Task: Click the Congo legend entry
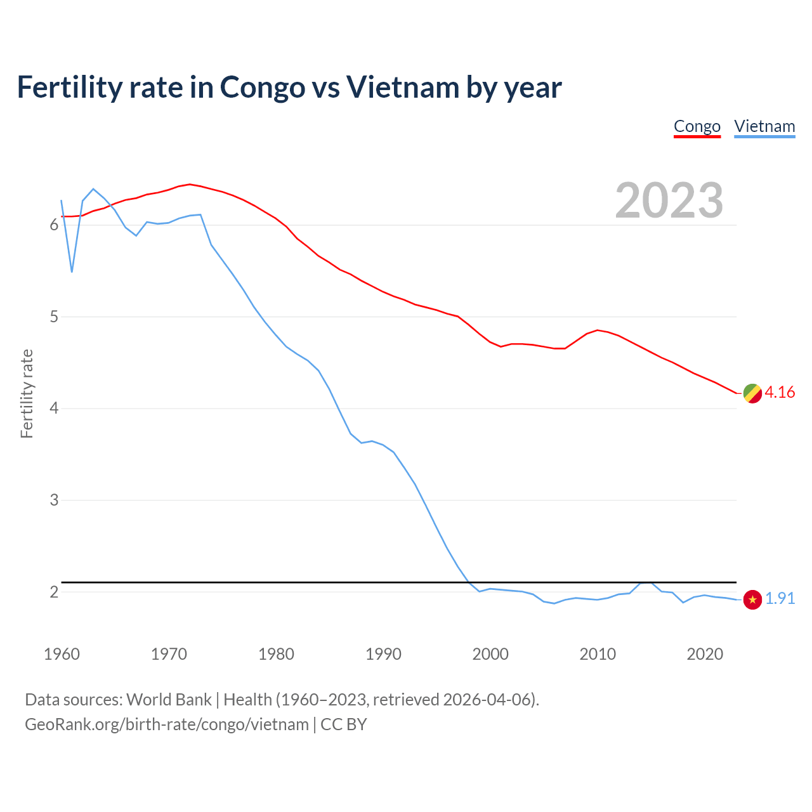(697, 126)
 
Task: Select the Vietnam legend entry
(764, 126)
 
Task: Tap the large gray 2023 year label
(669, 200)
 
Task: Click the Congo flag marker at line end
(752, 393)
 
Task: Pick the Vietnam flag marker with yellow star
(752, 599)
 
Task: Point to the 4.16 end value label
(780, 393)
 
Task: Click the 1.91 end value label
(780, 599)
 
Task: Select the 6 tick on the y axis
(54, 225)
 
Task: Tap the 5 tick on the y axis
(54, 317)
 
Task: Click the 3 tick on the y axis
(54, 500)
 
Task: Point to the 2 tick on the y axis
(54, 592)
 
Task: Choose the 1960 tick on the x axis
(62, 654)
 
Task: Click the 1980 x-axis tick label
(276, 654)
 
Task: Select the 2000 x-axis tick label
(490, 654)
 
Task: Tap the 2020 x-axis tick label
(705, 654)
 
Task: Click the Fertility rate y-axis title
(27, 393)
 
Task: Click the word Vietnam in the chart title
(402, 88)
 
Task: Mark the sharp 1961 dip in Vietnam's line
(72, 271)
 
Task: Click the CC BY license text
(343, 724)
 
